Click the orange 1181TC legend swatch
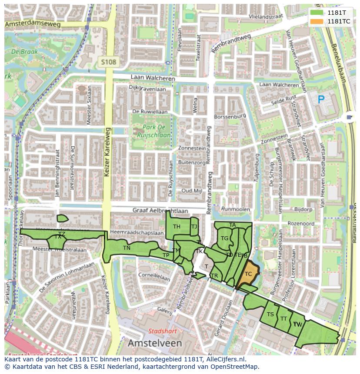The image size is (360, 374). pyautogui.click(x=317, y=21)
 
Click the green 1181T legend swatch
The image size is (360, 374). pyautogui.click(x=317, y=13)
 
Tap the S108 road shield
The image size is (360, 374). pyautogui.click(x=108, y=62)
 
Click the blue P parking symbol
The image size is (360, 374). pyautogui.click(x=321, y=100)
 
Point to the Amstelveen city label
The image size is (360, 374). pyautogui.click(x=155, y=343)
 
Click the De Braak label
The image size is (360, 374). pyautogui.click(x=25, y=51)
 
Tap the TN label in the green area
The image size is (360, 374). pyautogui.click(x=127, y=248)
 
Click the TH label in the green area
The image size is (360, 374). pyautogui.click(x=177, y=227)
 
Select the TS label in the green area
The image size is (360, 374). pyautogui.click(x=270, y=314)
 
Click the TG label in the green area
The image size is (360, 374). pyautogui.click(x=224, y=238)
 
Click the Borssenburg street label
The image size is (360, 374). pyautogui.click(x=230, y=117)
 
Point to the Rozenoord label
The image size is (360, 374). pyautogui.click(x=301, y=223)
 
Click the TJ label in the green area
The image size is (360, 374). pyautogui.click(x=194, y=226)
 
